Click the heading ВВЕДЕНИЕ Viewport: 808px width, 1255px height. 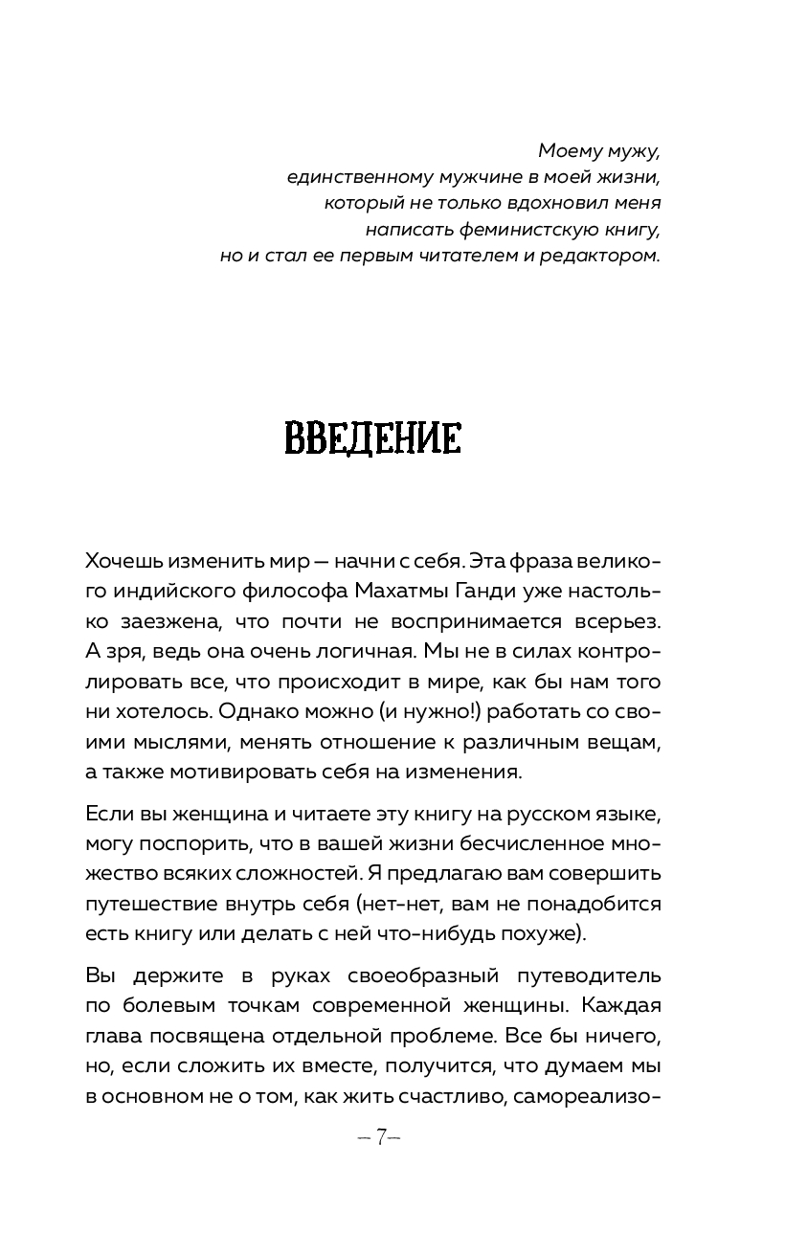(373, 440)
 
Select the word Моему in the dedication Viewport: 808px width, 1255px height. (568, 150)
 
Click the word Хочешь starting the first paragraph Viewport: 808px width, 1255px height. (122, 559)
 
